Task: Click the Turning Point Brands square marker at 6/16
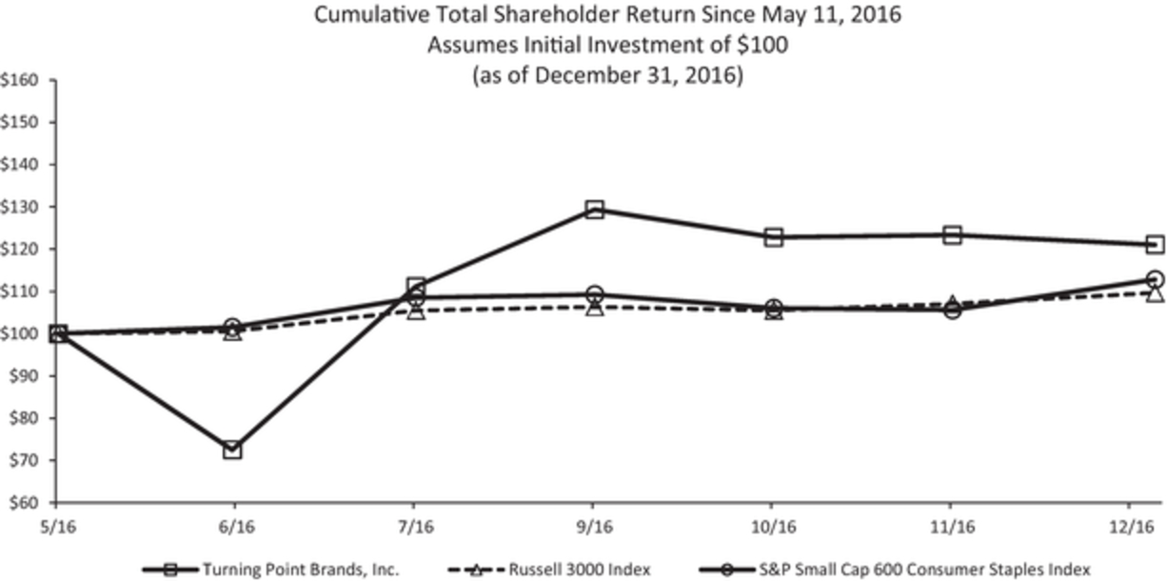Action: pos(232,450)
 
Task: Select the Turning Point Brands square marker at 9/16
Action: pos(594,210)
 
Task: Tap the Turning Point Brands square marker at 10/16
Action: pos(773,237)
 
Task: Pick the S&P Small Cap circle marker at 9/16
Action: pos(594,294)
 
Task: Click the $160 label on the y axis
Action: pos(19,80)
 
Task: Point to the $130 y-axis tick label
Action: pos(19,207)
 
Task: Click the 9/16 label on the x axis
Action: pos(594,526)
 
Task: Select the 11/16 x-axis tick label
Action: pos(952,526)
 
